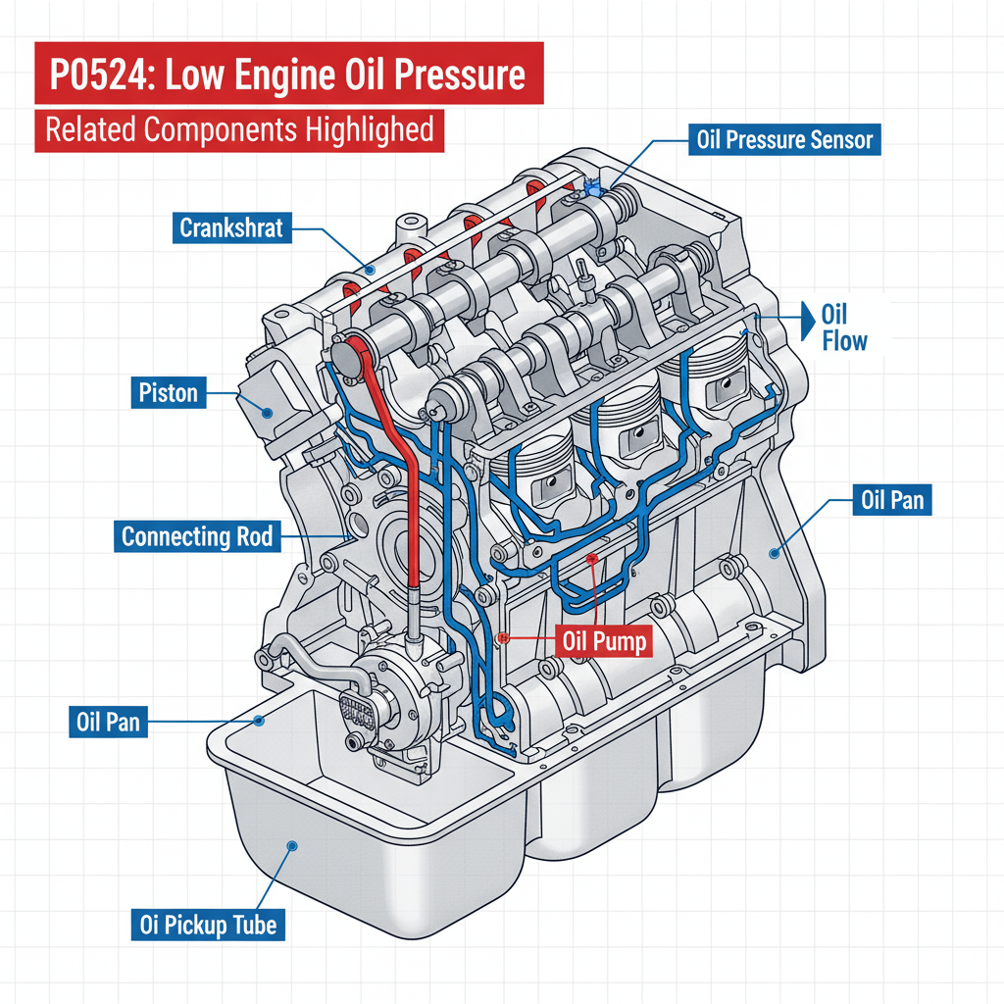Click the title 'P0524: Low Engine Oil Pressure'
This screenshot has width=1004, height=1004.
pos(287,74)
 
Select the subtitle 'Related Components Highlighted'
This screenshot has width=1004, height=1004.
pos(239,130)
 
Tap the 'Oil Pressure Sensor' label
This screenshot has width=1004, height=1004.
pos(783,139)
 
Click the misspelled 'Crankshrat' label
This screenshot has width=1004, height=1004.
pos(230,228)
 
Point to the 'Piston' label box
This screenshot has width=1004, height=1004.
pos(168,394)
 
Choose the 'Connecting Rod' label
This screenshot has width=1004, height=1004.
pos(196,536)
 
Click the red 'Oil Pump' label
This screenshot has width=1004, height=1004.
pos(604,642)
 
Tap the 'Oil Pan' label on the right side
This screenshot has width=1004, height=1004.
pos(891,500)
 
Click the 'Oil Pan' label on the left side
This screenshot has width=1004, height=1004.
pos(108,723)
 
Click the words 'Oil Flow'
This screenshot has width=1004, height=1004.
pos(843,328)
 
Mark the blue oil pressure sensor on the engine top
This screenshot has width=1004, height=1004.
pos(592,185)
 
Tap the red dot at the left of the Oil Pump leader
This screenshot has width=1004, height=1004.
pos(502,637)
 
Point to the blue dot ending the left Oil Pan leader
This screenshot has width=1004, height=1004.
pos(260,721)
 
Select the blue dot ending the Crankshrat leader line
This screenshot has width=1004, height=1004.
pos(370,266)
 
